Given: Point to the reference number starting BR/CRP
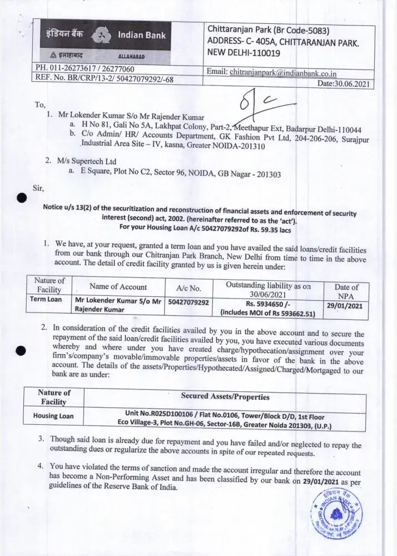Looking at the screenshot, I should click(x=96, y=80).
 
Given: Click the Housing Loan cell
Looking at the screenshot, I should click(x=53, y=415).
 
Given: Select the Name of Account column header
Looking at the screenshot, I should click(x=118, y=287).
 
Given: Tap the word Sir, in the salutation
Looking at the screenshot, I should click(x=39, y=188).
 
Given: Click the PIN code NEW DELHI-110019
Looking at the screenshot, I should click(x=244, y=53).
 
